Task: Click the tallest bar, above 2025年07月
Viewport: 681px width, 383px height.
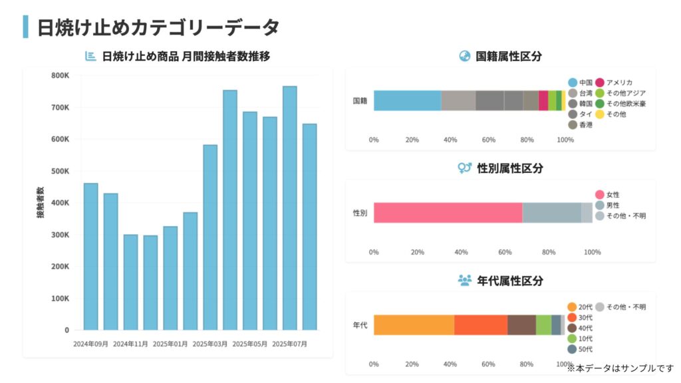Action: pyautogui.click(x=289, y=207)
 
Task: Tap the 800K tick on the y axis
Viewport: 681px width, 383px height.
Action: pyautogui.click(x=60, y=76)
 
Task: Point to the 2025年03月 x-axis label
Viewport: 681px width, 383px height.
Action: pyautogui.click(x=210, y=344)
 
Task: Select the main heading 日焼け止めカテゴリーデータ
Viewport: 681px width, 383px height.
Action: pyautogui.click(x=158, y=27)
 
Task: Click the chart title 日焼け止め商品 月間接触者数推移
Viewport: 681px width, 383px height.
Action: pyautogui.click(x=186, y=57)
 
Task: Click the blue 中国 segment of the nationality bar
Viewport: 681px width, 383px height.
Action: pyautogui.click(x=407, y=100)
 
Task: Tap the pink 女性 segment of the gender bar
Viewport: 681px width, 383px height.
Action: pyautogui.click(x=448, y=213)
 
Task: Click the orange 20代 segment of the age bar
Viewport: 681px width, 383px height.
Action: pyautogui.click(x=414, y=325)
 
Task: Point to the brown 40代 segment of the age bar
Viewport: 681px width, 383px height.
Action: pyautogui.click(x=521, y=325)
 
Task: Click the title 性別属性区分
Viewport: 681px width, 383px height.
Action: pyautogui.click(x=510, y=168)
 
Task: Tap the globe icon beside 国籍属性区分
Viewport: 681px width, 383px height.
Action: pyautogui.click(x=465, y=57)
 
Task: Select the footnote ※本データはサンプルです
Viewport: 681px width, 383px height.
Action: pyautogui.click(x=620, y=367)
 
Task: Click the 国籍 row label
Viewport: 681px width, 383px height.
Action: pyautogui.click(x=360, y=100)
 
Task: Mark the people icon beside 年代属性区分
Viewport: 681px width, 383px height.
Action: pyautogui.click(x=465, y=281)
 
